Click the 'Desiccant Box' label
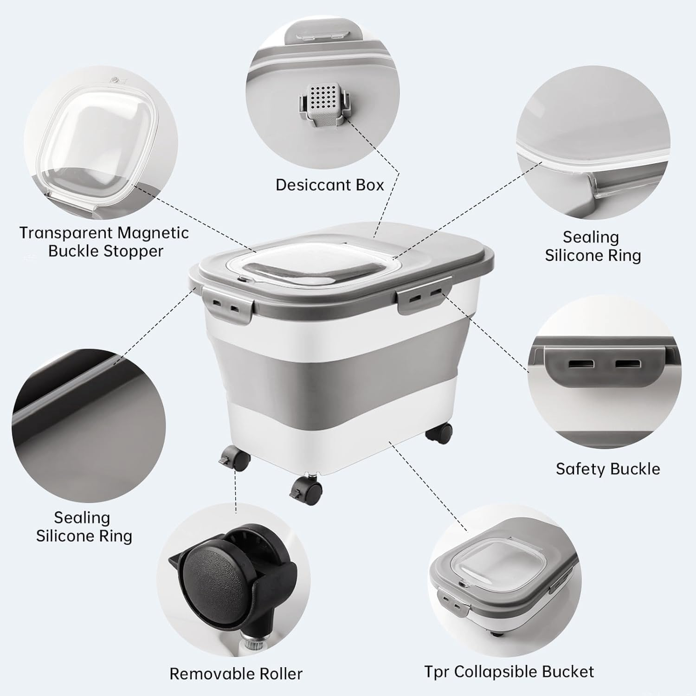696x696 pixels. coord(329,185)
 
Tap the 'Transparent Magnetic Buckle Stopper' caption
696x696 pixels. coord(104,242)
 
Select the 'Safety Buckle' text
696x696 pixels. coord(608,469)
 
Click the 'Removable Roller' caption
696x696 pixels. coord(236,673)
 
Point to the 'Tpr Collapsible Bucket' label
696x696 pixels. coord(509,671)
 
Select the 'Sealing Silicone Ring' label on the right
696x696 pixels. coord(592,246)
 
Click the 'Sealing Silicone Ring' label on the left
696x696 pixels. coord(84,527)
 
